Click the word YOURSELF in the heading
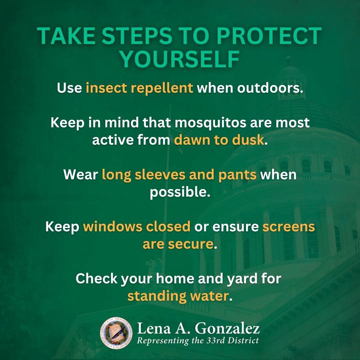pyautogui.click(x=180, y=59)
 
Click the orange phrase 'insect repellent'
pyautogui.click(x=139, y=88)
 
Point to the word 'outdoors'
pyautogui.click(x=270, y=88)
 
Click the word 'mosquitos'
pyautogui.click(x=210, y=123)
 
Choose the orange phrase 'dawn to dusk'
pyautogui.click(x=219, y=140)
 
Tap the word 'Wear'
pyautogui.click(x=81, y=175)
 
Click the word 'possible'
pyautogui.click(x=180, y=192)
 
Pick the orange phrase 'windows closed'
pyautogui.click(x=137, y=227)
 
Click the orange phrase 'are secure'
pyautogui.click(x=178, y=244)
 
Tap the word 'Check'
pyautogui.click(x=96, y=278)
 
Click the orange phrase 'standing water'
pyautogui.click(x=178, y=296)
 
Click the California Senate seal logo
pyautogui.click(x=116, y=333)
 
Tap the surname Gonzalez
pyautogui.click(x=227, y=329)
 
